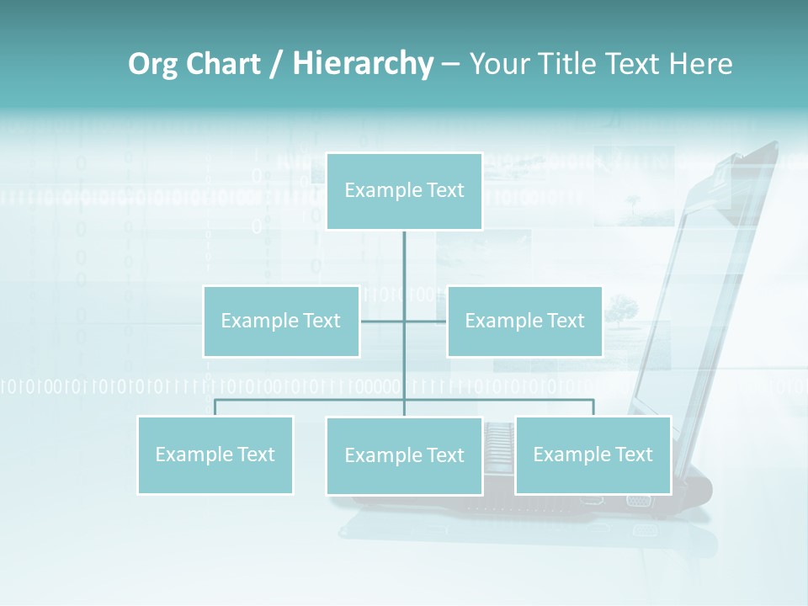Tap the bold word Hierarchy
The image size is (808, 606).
(363, 64)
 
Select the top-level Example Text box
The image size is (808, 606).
(404, 191)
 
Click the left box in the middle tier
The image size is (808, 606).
(281, 322)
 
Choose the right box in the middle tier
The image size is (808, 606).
(524, 322)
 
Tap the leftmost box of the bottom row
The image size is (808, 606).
(215, 455)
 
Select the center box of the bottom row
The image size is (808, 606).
(404, 456)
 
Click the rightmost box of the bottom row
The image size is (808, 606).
(593, 455)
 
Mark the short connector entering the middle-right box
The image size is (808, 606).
(426, 321)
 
